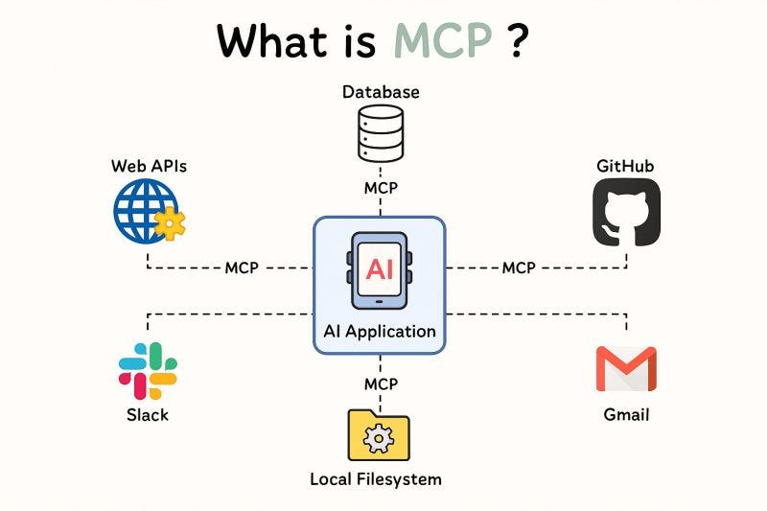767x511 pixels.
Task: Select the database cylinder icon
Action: click(x=381, y=133)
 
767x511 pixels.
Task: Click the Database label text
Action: click(x=381, y=92)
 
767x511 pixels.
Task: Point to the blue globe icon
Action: click(x=143, y=209)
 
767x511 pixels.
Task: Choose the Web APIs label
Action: click(x=149, y=166)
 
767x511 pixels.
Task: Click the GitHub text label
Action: click(x=625, y=166)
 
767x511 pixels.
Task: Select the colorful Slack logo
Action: click(x=148, y=370)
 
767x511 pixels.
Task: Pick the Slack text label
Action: click(x=148, y=415)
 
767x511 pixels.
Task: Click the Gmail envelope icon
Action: click(x=626, y=369)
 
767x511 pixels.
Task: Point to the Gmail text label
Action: click(x=626, y=415)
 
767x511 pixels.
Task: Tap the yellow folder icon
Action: click(x=380, y=436)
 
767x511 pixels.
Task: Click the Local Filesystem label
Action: click(x=376, y=478)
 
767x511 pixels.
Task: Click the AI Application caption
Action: click(x=380, y=332)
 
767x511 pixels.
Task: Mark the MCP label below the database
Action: click(x=381, y=188)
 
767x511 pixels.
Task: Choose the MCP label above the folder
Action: click(x=381, y=383)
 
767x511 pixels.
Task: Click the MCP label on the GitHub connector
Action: click(x=519, y=267)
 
